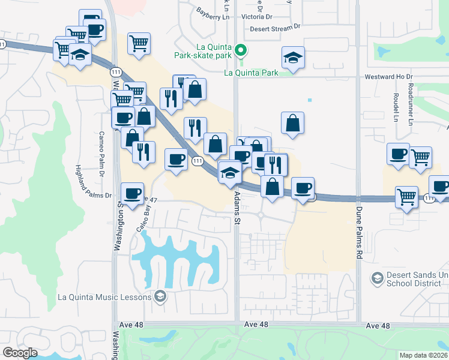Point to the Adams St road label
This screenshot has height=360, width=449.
[x=237, y=209]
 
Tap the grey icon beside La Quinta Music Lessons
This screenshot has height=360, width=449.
[x=160, y=296]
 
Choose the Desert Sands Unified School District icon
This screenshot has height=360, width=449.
[x=377, y=278]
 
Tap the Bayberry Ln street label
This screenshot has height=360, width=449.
[x=213, y=14]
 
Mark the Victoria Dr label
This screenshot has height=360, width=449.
[x=256, y=17]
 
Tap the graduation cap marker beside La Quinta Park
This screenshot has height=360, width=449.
[x=293, y=58]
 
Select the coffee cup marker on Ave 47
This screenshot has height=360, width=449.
[x=132, y=193]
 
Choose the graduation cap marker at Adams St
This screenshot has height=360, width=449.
[x=229, y=173]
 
